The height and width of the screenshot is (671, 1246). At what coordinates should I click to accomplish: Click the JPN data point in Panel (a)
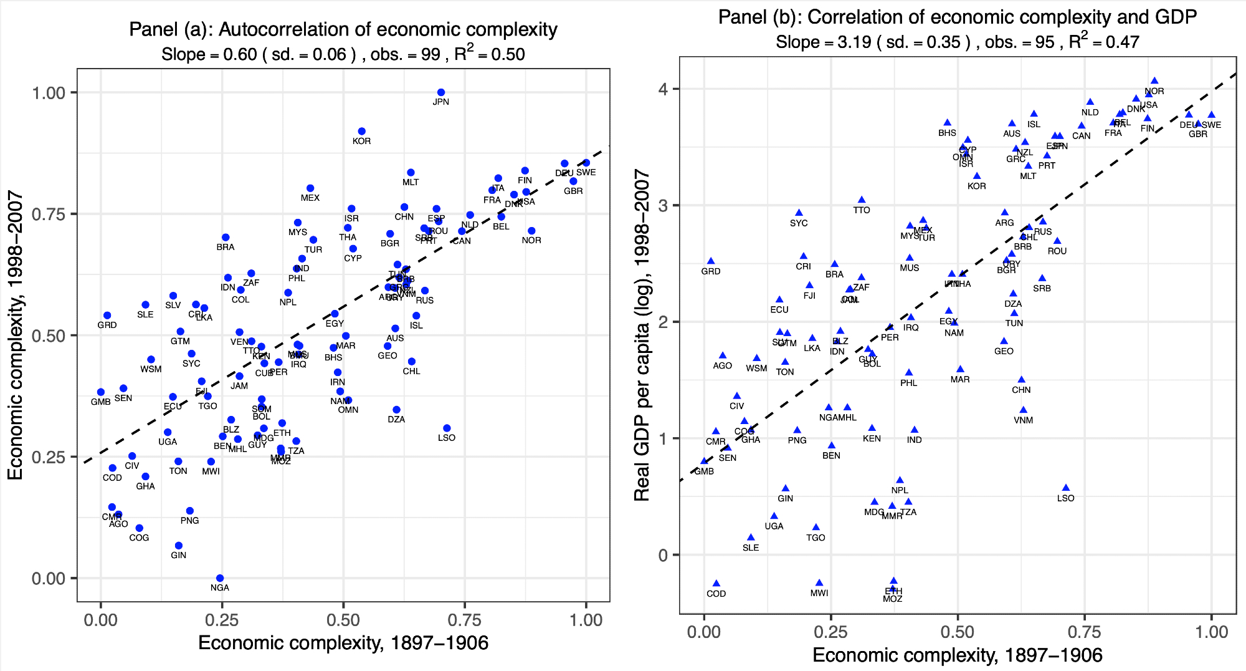click(441, 92)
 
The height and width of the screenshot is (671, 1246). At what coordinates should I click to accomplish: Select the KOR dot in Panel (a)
click(361, 132)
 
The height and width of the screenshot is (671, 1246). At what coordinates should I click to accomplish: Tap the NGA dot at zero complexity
click(220, 578)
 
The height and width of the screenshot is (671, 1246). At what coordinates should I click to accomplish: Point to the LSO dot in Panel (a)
click(447, 428)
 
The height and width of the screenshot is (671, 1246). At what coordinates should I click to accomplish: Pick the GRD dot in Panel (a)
click(107, 316)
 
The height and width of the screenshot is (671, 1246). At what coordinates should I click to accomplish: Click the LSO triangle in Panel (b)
click(1066, 488)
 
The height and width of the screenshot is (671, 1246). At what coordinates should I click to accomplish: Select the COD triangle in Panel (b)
click(716, 584)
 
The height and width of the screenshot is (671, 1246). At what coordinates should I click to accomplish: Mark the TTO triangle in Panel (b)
click(862, 200)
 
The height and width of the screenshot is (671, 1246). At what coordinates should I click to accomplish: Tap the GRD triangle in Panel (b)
click(711, 261)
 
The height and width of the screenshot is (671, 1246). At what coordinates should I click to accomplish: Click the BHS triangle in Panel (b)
click(947, 123)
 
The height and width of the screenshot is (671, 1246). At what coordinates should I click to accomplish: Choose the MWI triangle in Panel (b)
click(819, 583)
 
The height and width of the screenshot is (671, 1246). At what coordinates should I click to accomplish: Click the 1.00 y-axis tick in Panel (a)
click(49, 93)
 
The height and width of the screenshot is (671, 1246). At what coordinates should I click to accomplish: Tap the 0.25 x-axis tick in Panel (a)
click(222, 620)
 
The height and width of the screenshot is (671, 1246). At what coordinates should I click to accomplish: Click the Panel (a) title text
click(343, 29)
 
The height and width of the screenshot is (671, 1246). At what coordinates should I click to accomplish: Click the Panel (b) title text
click(957, 17)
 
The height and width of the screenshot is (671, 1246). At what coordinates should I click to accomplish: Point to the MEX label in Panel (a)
click(310, 198)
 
